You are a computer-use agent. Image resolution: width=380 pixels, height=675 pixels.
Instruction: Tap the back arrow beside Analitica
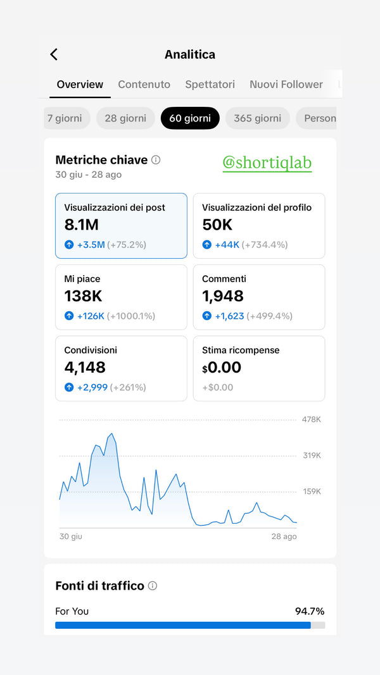pyautogui.click(x=54, y=54)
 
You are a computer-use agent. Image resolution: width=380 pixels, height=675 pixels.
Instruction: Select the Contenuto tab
pyautogui.click(x=144, y=84)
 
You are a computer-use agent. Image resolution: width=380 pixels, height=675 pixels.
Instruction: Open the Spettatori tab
pyautogui.click(x=210, y=84)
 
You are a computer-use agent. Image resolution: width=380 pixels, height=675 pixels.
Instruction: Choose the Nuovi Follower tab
pyautogui.click(x=286, y=84)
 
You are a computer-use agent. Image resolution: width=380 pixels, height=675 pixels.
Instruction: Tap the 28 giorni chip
pyautogui.click(x=125, y=118)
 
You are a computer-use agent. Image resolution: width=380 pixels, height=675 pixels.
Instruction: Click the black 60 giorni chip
pyautogui.click(x=190, y=118)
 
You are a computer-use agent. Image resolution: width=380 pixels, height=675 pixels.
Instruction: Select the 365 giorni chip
pyautogui.click(x=257, y=118)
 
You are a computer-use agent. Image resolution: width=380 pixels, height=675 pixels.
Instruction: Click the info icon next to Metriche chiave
pyautogui.click(x=156, y=160)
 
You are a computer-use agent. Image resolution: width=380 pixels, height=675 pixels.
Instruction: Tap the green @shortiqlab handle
pyautogui.click(x=267, y=163)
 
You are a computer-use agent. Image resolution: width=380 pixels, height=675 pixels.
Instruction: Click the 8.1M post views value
pyautogui.click(x=82, y=225)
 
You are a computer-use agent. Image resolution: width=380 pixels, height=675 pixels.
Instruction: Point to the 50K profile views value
pyautogui.click(x=217, y=225)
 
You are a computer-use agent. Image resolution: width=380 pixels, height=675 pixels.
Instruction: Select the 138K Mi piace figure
pyautogui.click(x=83, y=296)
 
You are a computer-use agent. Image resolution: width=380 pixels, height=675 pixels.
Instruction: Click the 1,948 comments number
pyautogui.click(x=223, y=296)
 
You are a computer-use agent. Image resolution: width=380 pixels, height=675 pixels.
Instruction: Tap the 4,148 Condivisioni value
pyautogui.click(x=85, y=368)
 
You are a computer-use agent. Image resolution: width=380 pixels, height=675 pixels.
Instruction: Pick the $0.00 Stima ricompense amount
pyautogui.click(x=222, y=368)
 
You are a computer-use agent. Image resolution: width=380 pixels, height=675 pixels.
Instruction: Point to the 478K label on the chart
pyautogui.click(x=311, y=419)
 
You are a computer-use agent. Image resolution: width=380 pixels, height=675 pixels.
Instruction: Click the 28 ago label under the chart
pyautogui.click(x=284, y=536)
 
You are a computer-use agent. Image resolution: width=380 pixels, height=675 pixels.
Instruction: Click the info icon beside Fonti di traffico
pyautogui.click(x=153, y=586)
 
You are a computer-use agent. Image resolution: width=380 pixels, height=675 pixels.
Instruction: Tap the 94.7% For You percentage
pyautogui.click(x=310, y=611)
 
